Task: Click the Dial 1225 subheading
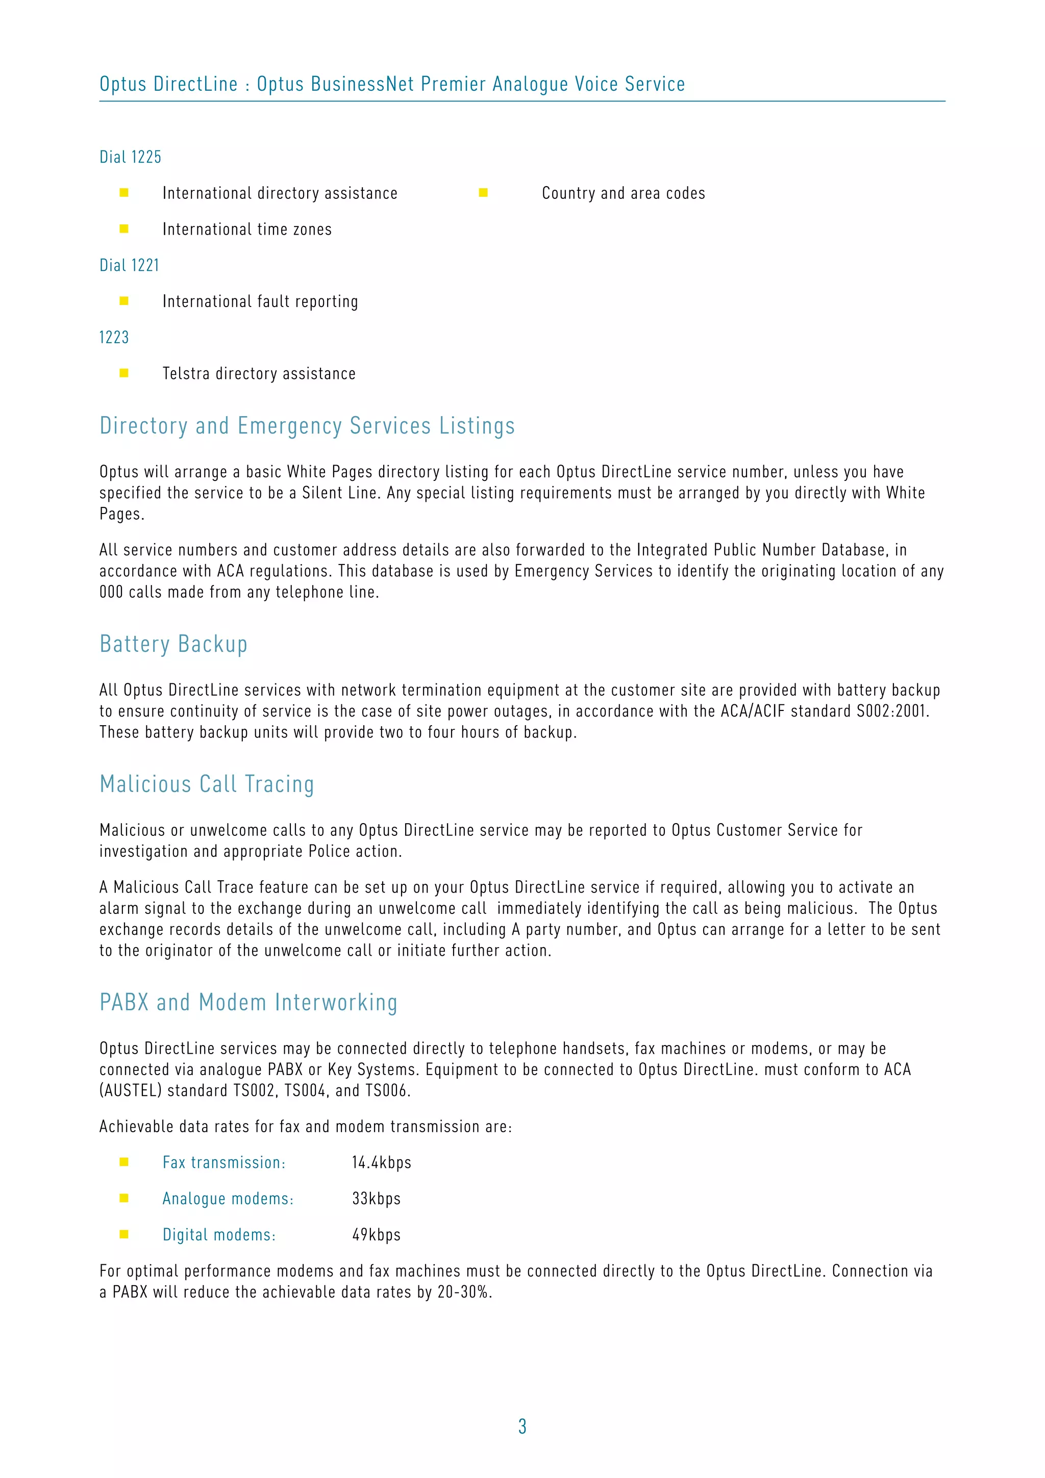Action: click(130, 157)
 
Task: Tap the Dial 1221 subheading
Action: click(129, 265)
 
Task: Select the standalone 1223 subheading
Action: click(114, 337)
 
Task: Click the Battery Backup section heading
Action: click(173, 644)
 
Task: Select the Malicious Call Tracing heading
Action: click(207, 784)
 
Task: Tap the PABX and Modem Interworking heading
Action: click(248, 1002)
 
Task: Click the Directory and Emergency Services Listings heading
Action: click(307, 426)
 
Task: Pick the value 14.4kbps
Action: click(381, 1163)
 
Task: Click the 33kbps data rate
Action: click(376, 1199)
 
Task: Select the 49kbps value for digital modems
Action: click(376, 1235)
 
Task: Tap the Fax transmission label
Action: click(223, 1163)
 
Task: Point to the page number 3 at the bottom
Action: click(522, 1426)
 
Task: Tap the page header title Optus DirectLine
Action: click(169, 84)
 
